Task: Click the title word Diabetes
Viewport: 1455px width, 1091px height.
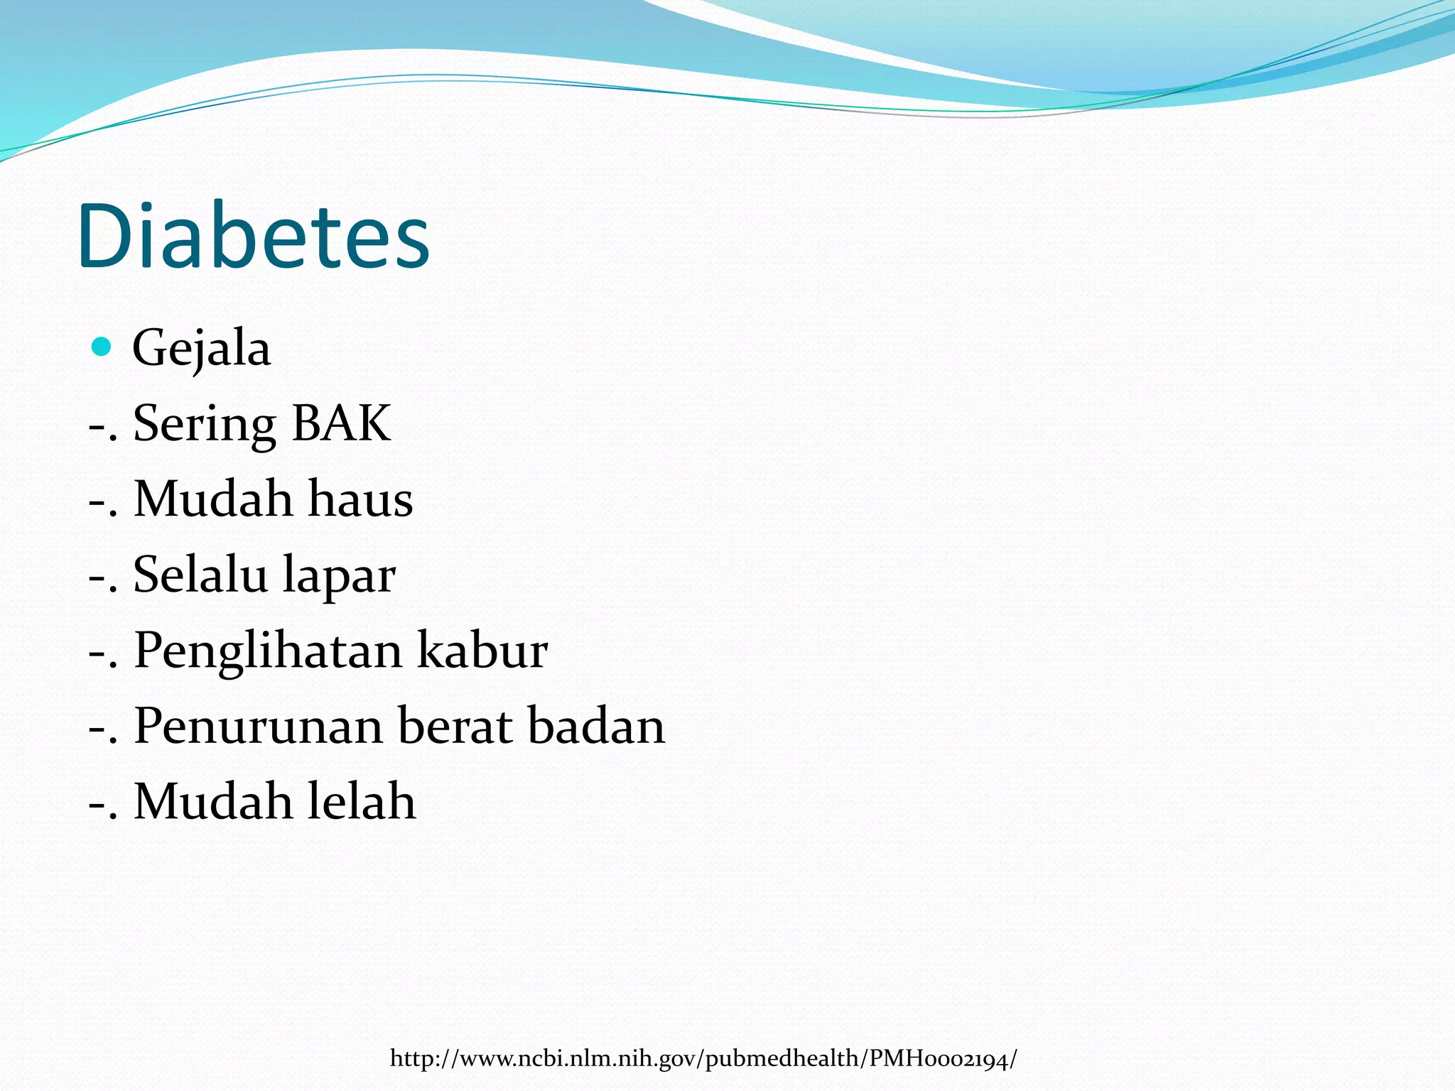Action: coord(254,236)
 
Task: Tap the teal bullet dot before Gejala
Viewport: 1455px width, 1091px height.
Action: coord(102,347)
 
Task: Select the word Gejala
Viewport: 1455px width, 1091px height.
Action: coord(202,349)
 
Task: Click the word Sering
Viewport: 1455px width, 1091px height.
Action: coord(204,424)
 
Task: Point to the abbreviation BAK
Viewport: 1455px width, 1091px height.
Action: coord(341,423)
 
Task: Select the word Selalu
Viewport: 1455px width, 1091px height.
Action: coord(200,574)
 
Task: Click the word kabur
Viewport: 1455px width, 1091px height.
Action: coord(482,650)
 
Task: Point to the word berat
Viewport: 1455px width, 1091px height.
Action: coord(455,726)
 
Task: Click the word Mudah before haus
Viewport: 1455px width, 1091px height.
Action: coord(213,499)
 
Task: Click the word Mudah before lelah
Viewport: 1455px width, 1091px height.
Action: coord(213,801)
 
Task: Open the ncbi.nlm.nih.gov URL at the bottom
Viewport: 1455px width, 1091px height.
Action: coord(703,1059)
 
